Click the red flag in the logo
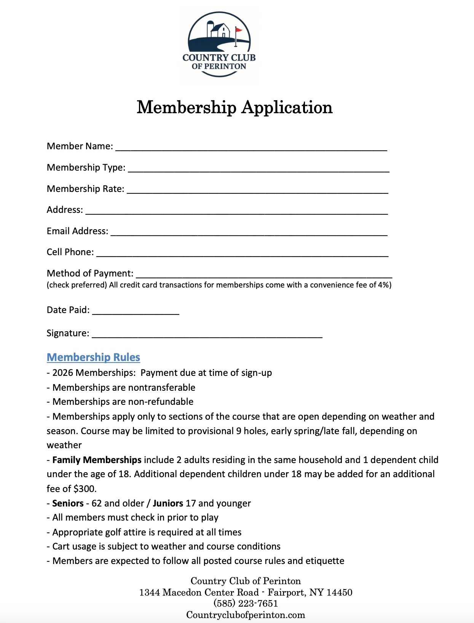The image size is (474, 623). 239,30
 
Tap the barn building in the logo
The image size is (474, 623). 220,30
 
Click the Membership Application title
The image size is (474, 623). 235,107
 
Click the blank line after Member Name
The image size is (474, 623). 251,148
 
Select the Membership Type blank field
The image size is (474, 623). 259,169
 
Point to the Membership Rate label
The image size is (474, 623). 85,189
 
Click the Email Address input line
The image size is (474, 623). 249,233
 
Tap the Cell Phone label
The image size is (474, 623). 70,252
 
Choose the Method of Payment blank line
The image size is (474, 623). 264,275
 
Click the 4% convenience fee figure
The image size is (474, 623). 383,285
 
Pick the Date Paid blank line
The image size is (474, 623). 136,311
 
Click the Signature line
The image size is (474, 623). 207,335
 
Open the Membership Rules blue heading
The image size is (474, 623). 93,357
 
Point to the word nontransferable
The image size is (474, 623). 162,388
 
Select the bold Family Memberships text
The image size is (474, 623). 97,460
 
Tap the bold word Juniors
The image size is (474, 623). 168,503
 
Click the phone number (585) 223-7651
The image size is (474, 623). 246,604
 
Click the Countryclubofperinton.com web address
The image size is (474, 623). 246,615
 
